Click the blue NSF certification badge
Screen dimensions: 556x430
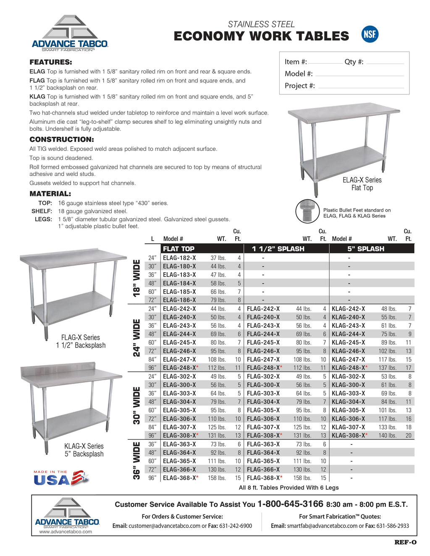pyautogui.click(x=370, y=34)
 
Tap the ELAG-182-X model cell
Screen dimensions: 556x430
pyautogui.click(x=179, y=258)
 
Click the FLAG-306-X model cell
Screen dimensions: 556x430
pyautogui.click(x=263, y=419)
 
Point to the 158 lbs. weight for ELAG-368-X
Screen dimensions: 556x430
pyautogui.click(x=217, y=478)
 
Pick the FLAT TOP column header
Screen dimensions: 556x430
pyautogui.click(x=178, y=249)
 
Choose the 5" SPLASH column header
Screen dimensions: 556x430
pyautogui.click(x=365, y=249)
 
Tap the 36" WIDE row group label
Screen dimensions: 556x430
pyautogui.click(x=136, y=461)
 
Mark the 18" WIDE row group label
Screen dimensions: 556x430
pyautogui.click(x=136, y=278)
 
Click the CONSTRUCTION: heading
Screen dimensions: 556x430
pyautogui.click(x=62, y=140)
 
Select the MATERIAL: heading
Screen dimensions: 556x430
pyautogui.click(x=50, y=194)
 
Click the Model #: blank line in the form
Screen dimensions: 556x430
pyautogui.click(x=359, y=75)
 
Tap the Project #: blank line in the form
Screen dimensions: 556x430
pyautogui.click(x=361, y=87)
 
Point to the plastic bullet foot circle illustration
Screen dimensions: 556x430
pyautogui.click(x=307, y=211)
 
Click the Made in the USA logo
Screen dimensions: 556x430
pyautogui.click(x=61, y=478)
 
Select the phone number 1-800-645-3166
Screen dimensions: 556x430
pyautogui.click(x=290, y=504)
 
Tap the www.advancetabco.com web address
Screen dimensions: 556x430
pyautogui.click(x=66, y=532)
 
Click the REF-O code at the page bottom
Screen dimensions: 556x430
pyautogui.click(x=405, y=542)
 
